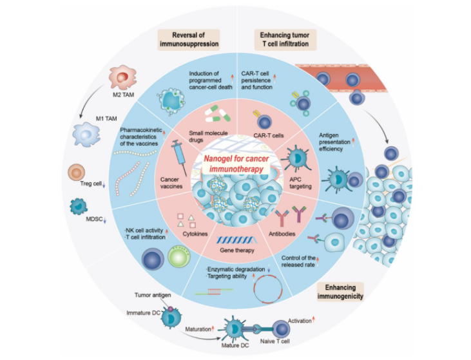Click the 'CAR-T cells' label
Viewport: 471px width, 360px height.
click(263, 135)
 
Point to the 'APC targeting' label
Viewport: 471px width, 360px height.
click(300, 181)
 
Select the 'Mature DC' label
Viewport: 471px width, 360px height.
click(245, 346)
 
